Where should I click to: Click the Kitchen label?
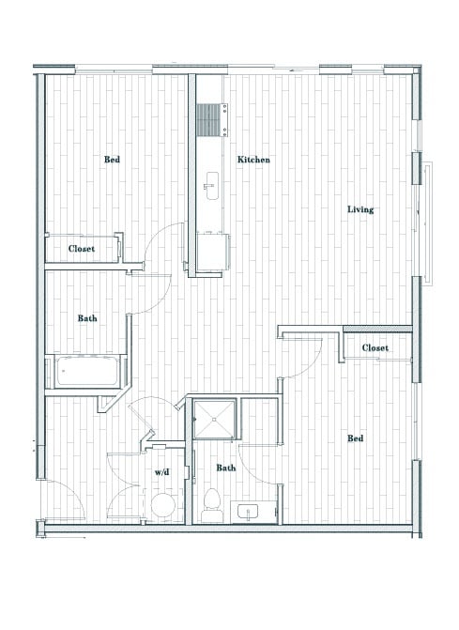click(x=253, y=161)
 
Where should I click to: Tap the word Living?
click(x=360, y=209)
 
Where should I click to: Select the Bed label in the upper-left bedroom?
click(x=112, y=160)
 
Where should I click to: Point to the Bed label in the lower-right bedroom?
click(x=356, y=438)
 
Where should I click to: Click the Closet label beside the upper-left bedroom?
click(x=83, y=250)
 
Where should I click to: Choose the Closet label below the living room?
click(x=375, y=348)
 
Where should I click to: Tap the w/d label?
click(x=161, y=471)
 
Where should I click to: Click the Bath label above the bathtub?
click(x=87, y=319)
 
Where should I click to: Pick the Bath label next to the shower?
click(x=226, y=469)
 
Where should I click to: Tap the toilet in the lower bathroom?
click(x=211, y=503)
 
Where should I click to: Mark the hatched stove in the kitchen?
click(x=207, y=119)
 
